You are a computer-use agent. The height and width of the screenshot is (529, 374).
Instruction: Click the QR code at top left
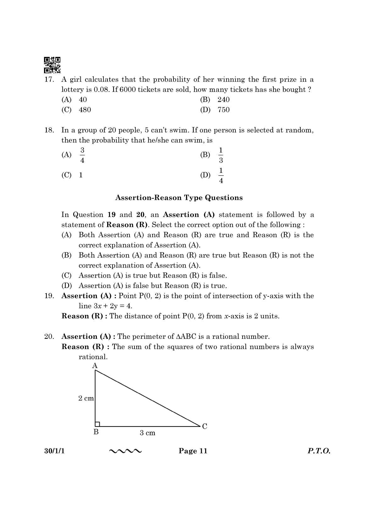point(52,65)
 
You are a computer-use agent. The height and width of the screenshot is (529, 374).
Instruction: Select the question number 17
point(49,80)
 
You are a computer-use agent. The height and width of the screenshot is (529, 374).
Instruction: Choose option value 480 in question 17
point(85,110)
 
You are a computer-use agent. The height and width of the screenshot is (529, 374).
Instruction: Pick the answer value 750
point(223,110)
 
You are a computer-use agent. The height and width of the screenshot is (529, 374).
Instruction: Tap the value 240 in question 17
point(223,100)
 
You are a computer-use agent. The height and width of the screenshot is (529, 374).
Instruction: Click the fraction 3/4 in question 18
point(82,155)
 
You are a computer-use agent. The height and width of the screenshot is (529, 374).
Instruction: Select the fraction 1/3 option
point(221,155)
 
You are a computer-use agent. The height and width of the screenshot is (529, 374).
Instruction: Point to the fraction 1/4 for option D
point(221,175)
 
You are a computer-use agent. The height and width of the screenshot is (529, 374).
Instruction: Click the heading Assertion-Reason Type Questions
point(179,198)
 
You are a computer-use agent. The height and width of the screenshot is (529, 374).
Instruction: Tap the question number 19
point(49,296)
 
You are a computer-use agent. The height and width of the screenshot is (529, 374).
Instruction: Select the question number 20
point(49,336)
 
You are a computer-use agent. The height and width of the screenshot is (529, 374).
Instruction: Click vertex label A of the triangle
point(95,366)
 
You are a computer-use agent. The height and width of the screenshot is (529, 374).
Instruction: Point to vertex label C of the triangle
point(205,426)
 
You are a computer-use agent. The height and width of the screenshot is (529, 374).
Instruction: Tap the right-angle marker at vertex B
point(97,424)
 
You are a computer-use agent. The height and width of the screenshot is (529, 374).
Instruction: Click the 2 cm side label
point(86,398)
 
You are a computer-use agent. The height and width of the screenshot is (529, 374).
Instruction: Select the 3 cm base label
point(147,433)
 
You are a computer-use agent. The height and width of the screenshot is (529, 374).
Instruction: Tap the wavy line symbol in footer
point(125,451)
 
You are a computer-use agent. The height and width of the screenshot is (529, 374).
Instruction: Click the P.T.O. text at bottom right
point(319,451)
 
